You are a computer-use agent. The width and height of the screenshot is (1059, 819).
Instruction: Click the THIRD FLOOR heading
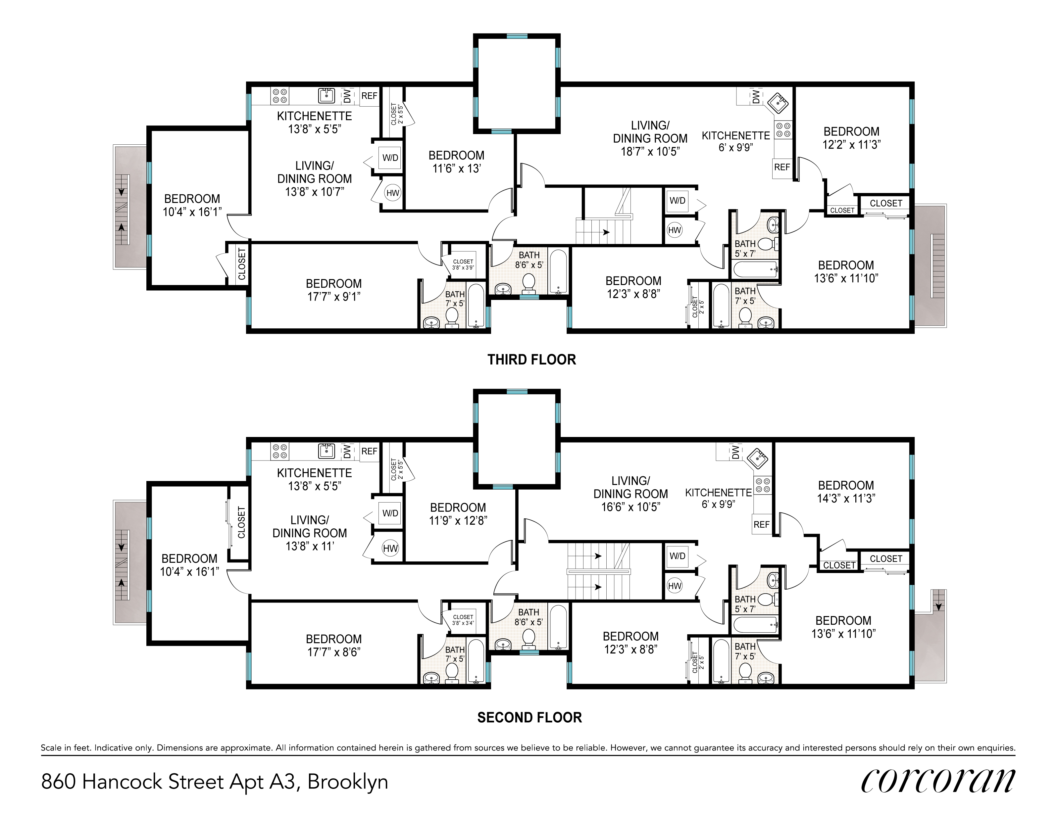[x=531, y=360]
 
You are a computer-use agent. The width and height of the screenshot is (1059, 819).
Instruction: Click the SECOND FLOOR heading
[x=529, y=717]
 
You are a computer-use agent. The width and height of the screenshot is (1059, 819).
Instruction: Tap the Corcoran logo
[x=938, y=781]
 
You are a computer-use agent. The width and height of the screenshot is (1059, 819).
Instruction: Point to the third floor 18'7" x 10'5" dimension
[x=650, y=151]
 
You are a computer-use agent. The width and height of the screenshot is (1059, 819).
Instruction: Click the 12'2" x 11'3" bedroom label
[x=851, y=138]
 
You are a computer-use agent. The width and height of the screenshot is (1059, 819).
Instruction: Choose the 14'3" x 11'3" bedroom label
[x=846, y=492]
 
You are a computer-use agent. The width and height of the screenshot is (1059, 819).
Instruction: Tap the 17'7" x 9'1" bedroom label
[x=333, y=290]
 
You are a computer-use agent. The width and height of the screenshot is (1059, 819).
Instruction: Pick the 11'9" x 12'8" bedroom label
[x=458, y=514]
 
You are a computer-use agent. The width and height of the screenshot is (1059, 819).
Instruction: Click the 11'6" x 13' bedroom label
[x=456, y=162]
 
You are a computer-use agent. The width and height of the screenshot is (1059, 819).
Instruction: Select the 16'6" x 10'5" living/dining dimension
[x=631, y=506]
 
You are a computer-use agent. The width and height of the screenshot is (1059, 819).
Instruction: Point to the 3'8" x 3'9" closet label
[x=463, y=265]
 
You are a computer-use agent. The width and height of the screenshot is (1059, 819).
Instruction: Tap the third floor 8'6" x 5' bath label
[x=529, y=260]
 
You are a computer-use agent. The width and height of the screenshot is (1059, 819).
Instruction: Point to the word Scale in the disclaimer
[x=51, y=748]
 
